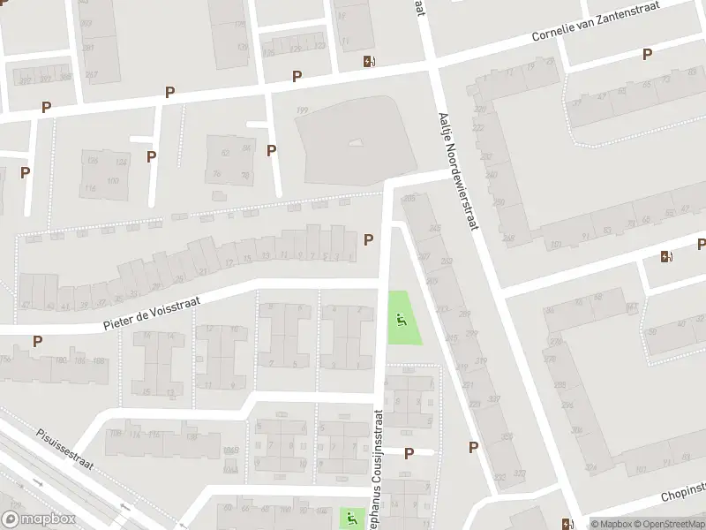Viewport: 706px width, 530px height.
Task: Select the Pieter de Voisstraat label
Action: click(x=153, y=314)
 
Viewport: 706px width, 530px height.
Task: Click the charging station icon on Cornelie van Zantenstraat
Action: click(x=369, y=62)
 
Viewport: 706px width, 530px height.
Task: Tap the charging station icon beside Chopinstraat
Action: click(x=567, y=523)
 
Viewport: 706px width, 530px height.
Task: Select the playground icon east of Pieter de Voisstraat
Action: click(x=402, y=321)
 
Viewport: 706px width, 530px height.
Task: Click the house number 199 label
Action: click(x=302, y=110)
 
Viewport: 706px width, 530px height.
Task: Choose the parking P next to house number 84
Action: click(x=270, y=151)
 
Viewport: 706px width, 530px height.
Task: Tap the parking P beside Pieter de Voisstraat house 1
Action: click(x=368, y=238)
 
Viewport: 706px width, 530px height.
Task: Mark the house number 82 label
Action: click(x=225, y=153)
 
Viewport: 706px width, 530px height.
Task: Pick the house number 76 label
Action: click(x=217, y=174)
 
